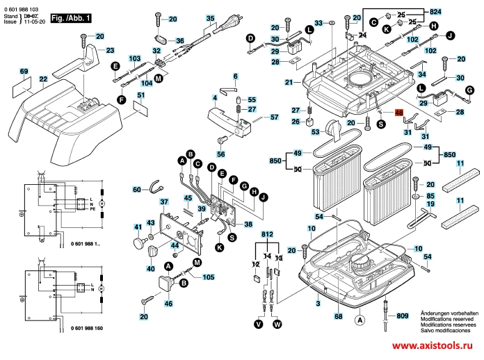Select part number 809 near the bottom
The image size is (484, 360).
click(x=403, y=316)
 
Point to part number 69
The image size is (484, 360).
click(x=24, y=72)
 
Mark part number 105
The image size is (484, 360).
click(x=208, y=278)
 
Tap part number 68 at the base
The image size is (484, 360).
click(x=339, y=317)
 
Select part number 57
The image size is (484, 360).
click(x=274, y=117)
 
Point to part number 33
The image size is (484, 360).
click(x=318, y=23)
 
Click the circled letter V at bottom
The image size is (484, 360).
click(x=259, y=324)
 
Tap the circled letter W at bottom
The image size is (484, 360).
click(x=277, y=324)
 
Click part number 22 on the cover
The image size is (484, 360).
click(x=43, y=80)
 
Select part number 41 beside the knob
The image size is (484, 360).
click(x=138, y=227)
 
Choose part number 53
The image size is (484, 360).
click(x=314, y=131)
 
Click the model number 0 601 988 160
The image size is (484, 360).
click(x=96, y=327)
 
